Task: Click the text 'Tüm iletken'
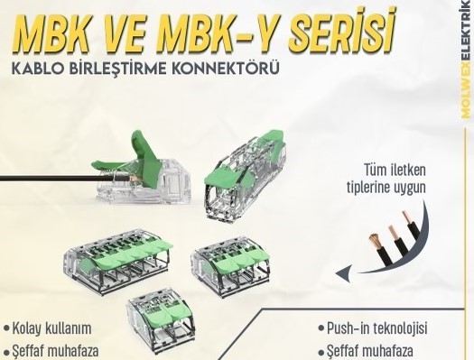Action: (395, 170)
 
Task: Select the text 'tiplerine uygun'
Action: (386, 188)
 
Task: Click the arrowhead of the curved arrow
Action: (344, 272)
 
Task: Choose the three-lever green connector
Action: (230, 265)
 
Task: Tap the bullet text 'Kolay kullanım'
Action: (51, 328)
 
